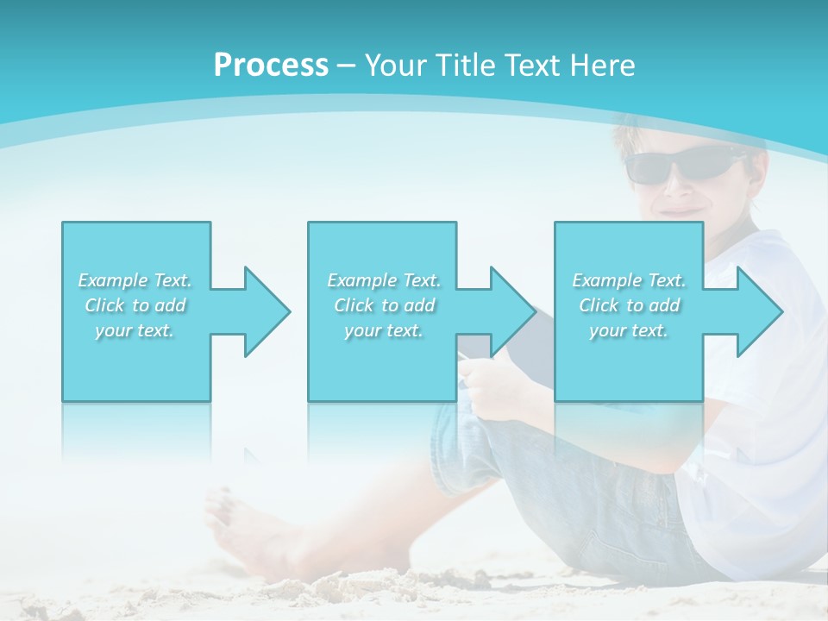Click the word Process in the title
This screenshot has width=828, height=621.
(x=271, y=66)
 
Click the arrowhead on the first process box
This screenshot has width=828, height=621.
(x=262, y=311)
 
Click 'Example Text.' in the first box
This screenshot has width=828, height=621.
(x=135, y=280)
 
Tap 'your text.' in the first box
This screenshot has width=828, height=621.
(x=135, y=330)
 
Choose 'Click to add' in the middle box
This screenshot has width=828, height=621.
(x=384, y=305)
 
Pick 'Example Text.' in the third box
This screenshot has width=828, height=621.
(x=629, y=280)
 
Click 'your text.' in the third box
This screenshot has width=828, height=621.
(x=629, y=330)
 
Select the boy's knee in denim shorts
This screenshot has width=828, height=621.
(x=466, y=423)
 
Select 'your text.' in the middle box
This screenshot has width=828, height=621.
(x=384, y=330)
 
